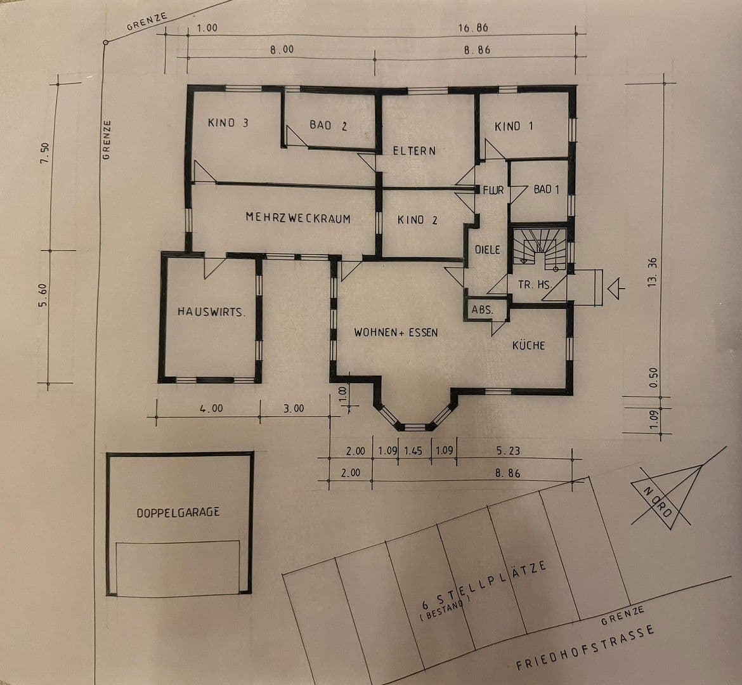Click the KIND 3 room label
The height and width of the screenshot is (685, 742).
228,122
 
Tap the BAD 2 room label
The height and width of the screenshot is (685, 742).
328,126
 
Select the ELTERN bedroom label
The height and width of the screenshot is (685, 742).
414,151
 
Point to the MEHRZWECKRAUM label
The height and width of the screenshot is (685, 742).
298,218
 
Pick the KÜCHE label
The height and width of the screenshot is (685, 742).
528,346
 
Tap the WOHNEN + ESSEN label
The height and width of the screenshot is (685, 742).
396,332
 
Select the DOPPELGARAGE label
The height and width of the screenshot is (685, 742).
178,512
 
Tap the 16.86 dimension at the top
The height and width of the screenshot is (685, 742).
472,28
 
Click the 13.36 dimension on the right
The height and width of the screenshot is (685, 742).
651,273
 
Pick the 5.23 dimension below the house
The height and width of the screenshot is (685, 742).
509,451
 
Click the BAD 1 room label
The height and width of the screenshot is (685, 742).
546,190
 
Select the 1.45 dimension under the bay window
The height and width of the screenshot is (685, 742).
412,451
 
